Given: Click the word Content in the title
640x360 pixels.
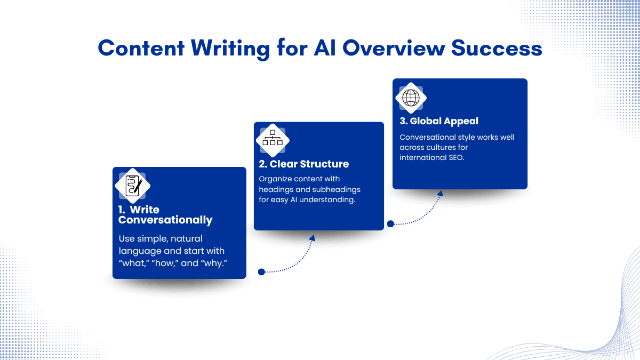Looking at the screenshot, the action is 141,48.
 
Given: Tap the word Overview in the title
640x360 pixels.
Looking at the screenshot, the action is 394,48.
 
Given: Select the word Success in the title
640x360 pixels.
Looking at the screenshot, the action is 497,48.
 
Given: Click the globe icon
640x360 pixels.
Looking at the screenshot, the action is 411,98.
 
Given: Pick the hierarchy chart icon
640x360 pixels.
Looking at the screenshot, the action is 273,138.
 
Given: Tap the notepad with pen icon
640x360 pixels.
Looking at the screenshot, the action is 133,186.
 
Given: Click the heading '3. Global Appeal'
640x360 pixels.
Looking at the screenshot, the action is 439,121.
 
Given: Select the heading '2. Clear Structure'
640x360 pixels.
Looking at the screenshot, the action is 303,164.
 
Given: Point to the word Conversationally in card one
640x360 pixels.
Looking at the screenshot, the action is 165,220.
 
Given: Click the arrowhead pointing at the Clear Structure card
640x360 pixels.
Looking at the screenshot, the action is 313,238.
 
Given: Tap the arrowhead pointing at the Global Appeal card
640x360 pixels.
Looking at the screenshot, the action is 441,194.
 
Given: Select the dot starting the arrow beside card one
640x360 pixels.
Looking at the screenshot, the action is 261,271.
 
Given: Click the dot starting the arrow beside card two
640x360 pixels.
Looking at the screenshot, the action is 390,223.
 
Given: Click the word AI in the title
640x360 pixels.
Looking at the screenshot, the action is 325,48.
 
